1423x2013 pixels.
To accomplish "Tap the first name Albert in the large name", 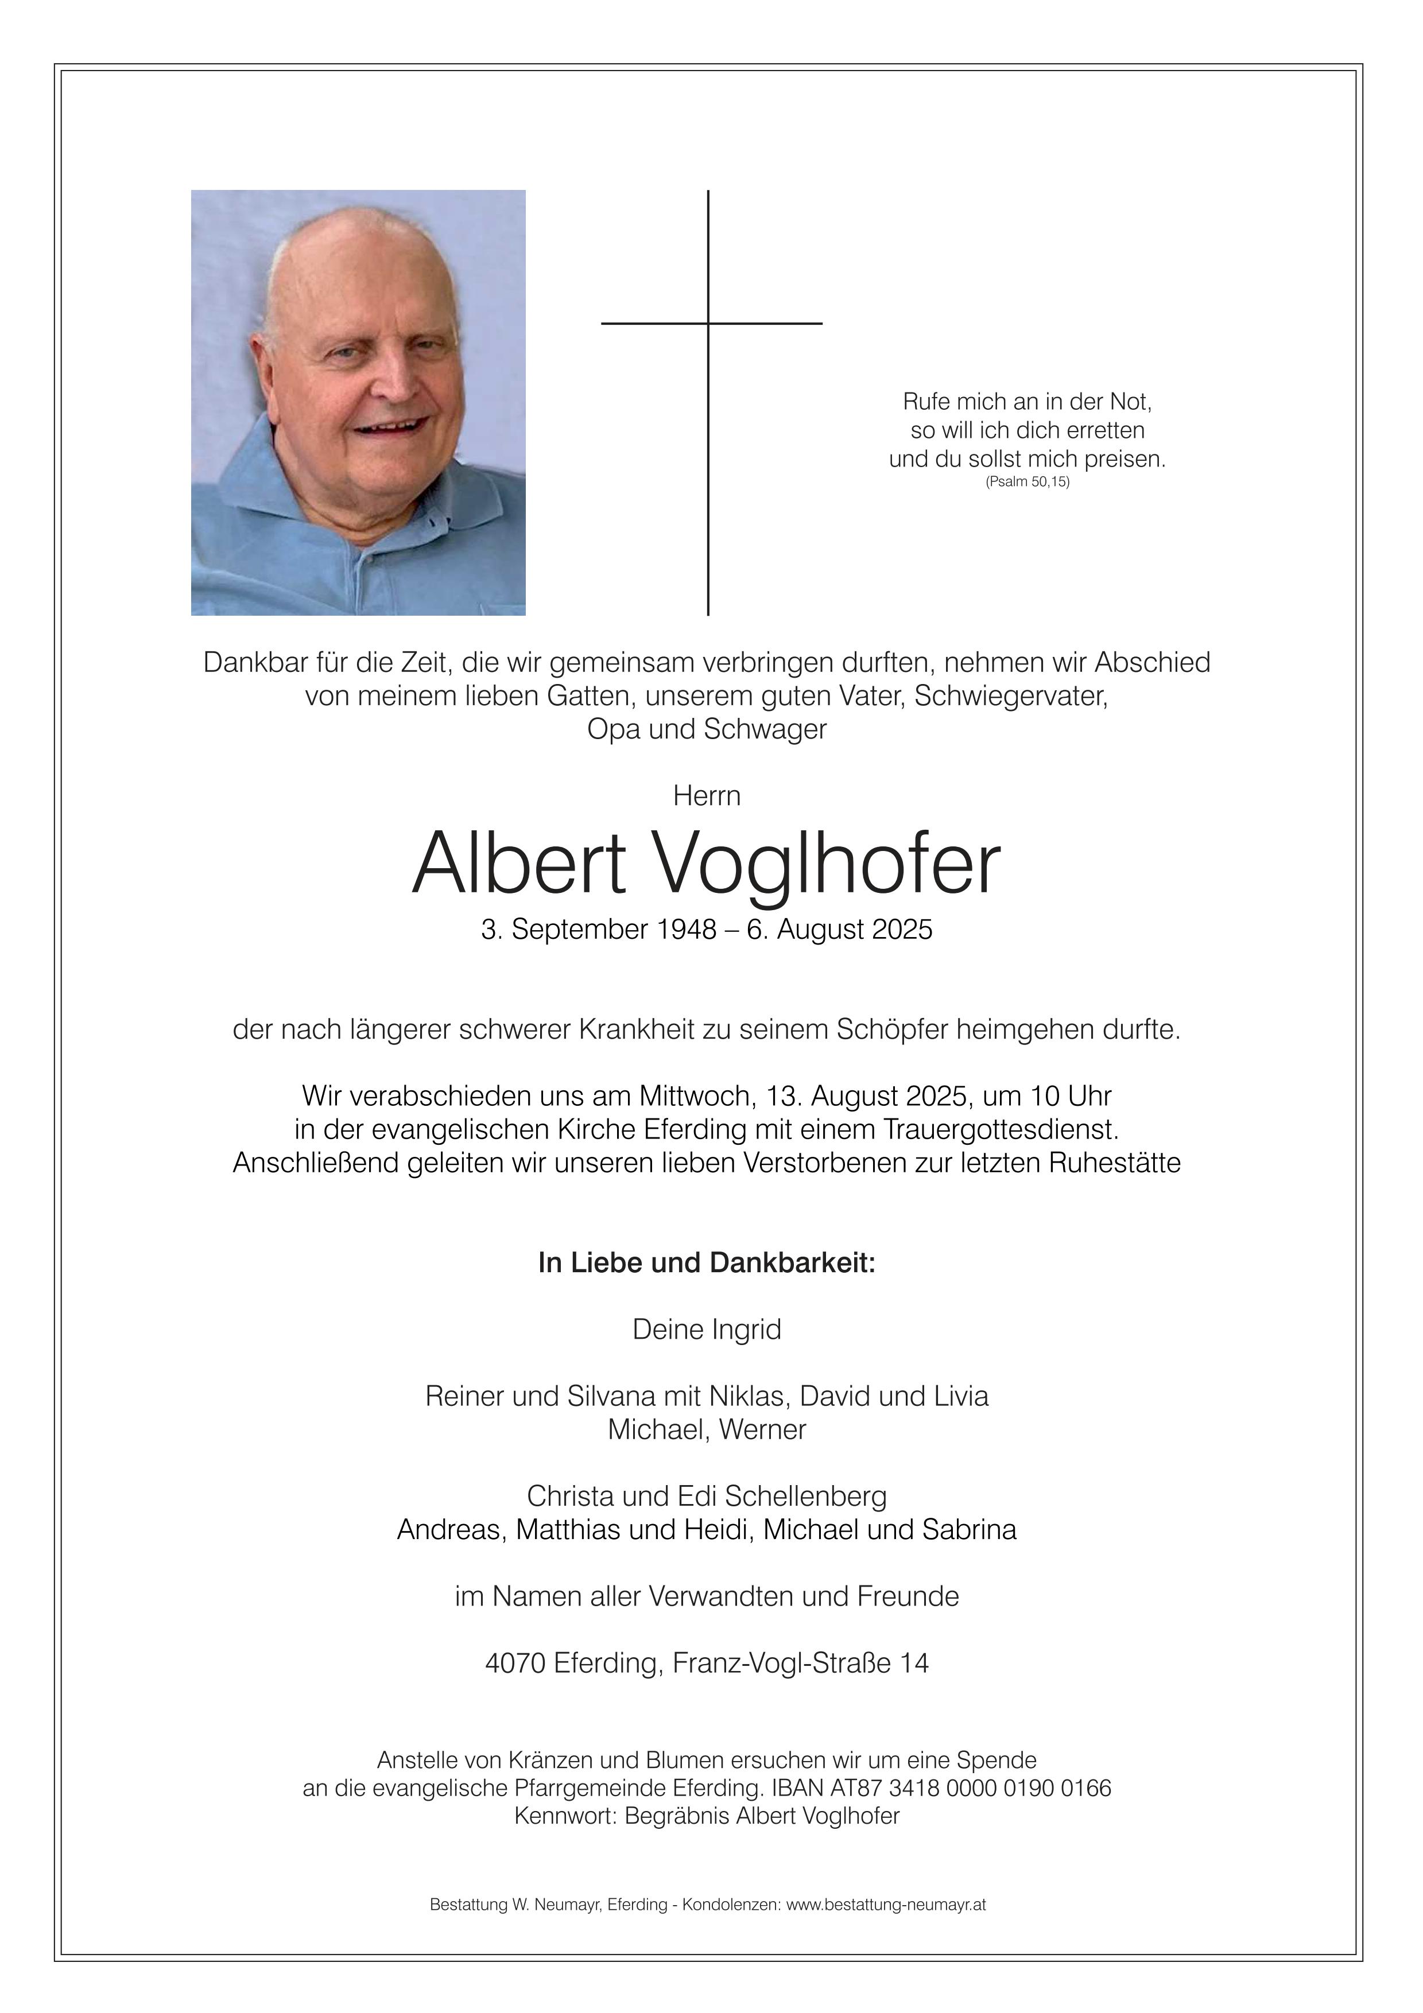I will pos(519,864).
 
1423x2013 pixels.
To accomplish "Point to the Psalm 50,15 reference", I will pos(1027,482).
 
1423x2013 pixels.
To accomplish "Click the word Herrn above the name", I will pos(707,796).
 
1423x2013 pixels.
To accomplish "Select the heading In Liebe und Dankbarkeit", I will pos(707,1264).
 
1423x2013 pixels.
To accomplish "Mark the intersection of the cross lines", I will pos(708,324).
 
